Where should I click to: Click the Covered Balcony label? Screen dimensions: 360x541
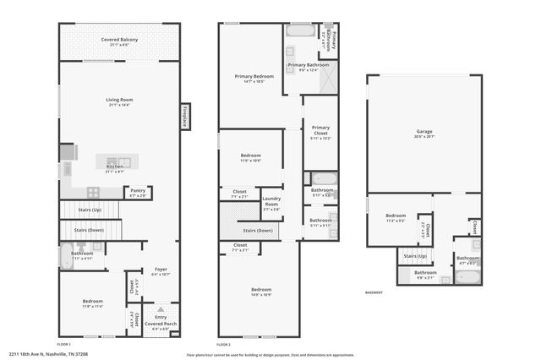pyautogui.click(x=119, y=41)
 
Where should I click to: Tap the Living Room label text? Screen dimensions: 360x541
pyautogui.click(x=119, y=101)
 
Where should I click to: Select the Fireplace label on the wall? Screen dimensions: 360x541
pyautogui.click(x=183, y=117)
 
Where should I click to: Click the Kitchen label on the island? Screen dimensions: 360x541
pyautogui.click(x=115, y=167)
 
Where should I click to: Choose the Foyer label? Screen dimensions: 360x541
pyautogui.click(x=161, y=271)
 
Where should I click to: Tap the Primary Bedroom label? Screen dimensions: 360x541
pyautogui.click(x=254, y=78)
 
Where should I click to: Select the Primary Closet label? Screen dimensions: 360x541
pyautogui.click(x=320, y=130)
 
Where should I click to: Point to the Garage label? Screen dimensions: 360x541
pyautogui.click(x=424, y=133)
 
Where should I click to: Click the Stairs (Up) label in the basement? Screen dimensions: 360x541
pyautogui.click(x=415, y=255)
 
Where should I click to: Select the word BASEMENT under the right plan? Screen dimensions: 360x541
pyautogui.click(x=373, y=292)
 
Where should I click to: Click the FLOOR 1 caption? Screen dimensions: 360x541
pyautogui.click(x=64, y=345)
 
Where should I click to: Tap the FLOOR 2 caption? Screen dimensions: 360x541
pyautogui.click(x=223, y=345)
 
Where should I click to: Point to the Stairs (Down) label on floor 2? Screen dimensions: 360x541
pyautogui.click(x=258, y=230)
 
